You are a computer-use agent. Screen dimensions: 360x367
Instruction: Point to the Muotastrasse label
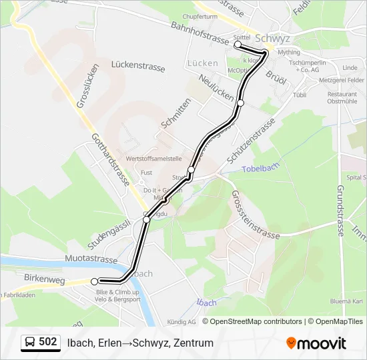coord(91,259)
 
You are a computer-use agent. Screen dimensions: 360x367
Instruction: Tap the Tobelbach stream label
coord(258,169)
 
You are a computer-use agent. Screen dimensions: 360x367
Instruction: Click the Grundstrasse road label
coord(340,211)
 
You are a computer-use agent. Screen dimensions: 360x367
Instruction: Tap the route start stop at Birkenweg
coord(95,281)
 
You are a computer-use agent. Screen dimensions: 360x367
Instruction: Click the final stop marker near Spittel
coord(238,44)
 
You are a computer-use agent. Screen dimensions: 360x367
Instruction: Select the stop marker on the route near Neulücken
coord(240,103)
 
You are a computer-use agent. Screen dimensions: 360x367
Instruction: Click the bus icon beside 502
coord(30,343)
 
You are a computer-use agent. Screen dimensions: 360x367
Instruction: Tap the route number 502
coord(47,342)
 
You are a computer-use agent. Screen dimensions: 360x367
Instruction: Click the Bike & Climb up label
coord(117,292)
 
